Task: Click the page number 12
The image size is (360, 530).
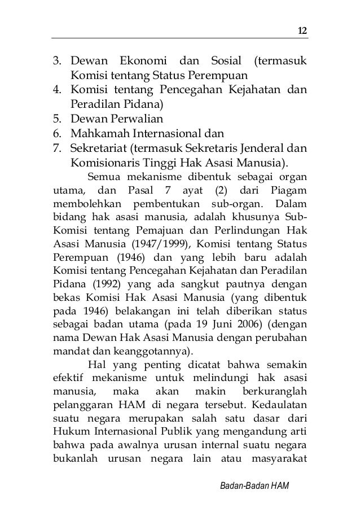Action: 303,30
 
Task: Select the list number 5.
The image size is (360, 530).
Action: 58,119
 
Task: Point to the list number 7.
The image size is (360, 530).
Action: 58,148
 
